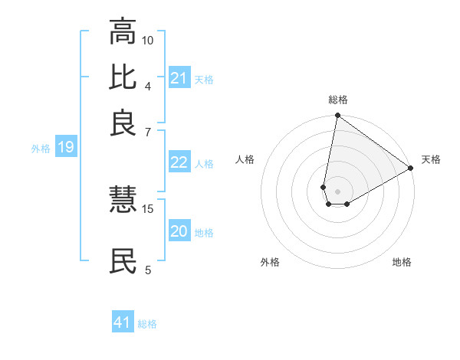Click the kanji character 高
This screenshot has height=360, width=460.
click(x=123, y=32)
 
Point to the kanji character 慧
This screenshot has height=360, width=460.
click(x=123, y=200)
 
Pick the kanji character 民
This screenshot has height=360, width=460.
click(x=123, y=260)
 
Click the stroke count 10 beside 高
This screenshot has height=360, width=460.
click(x=148, y=40)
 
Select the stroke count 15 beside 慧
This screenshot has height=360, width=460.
click(x=148, y=208)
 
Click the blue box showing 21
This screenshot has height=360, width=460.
click(x=179, y=77)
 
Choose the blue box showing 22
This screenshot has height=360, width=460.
click(x=179, y=162)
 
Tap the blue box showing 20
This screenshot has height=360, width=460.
click(x=179, y=231)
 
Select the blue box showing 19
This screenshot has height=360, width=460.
click(x=65, y=147)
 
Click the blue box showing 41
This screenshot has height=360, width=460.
click(x=122, y=322)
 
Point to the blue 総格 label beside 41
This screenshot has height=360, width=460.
click(x=147, y=324)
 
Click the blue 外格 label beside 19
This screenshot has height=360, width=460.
click(x=41, y=149)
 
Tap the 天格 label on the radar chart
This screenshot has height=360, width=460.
click(x=431, y=159)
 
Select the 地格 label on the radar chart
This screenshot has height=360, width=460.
click(x=402, y=262)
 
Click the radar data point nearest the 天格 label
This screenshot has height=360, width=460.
click(x=411, y=169)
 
